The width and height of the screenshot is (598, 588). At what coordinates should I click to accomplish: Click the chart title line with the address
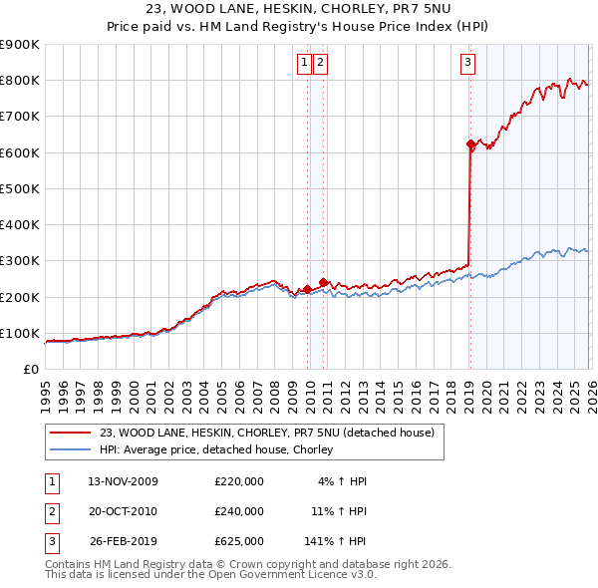298,9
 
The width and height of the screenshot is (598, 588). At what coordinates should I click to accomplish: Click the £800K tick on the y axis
20,81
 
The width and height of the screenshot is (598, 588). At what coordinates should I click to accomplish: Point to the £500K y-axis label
20,188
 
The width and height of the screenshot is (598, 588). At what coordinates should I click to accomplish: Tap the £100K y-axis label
20,333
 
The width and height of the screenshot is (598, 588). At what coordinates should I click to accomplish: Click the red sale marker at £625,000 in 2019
470,145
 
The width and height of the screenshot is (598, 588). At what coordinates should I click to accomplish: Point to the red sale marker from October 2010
324,282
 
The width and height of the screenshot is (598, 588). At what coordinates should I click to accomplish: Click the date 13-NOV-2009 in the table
123,481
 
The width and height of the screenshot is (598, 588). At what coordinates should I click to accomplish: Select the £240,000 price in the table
239,511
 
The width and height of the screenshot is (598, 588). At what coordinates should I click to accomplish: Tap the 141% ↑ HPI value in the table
336,541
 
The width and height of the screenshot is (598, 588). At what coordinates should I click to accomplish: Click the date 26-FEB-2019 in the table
123,541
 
